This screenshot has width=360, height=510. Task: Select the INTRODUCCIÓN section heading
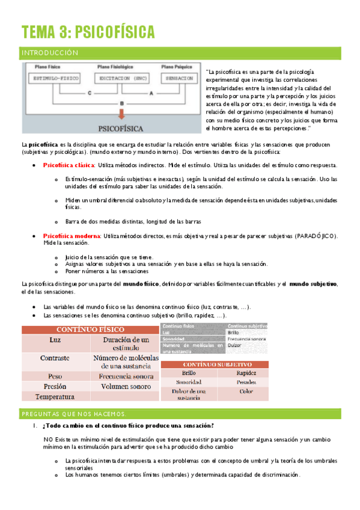pos(50,53)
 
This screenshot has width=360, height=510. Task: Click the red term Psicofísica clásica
pos(70,165)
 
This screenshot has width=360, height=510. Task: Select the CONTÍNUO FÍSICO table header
pos(90,329)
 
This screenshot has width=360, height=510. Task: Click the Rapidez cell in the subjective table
pos(246,373)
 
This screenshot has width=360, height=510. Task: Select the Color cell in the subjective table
pos(246,391)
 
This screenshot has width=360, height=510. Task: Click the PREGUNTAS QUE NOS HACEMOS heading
pos(74,414)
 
